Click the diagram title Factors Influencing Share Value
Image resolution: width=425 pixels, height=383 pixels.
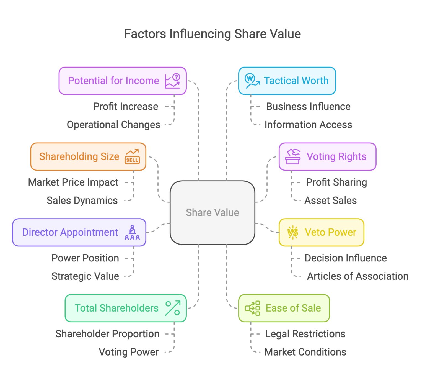click(212, 34)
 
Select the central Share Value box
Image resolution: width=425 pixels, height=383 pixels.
click(212, 212)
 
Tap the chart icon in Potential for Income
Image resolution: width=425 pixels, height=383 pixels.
click(173, 81)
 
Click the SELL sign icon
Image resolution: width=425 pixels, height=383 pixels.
click(132, 157)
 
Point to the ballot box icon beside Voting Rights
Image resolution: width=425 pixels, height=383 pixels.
click(293, 157)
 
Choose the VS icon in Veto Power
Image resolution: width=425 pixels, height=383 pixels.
click(293, 232)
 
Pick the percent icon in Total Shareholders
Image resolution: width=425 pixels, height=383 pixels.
click(173, 308)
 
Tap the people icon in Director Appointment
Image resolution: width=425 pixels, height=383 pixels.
click(132, 232)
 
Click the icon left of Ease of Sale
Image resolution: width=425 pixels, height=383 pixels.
click(252, 308)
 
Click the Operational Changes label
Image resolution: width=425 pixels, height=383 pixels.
click(113, 125)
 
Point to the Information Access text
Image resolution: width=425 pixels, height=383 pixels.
click(308, 125)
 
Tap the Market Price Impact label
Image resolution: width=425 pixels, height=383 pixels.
click(73, 182)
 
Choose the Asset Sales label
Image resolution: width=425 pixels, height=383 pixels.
click(330, 201)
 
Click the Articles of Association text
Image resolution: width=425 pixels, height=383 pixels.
click(357, 276)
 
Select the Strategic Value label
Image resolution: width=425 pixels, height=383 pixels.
click(85, 276)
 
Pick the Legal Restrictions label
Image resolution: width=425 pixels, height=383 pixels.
click(305, 334)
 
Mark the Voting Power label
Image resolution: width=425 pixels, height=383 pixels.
click(129, 352)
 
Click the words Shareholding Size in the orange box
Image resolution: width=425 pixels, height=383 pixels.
click(79, 157)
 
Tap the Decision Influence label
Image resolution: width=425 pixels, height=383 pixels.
click(346, 258)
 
